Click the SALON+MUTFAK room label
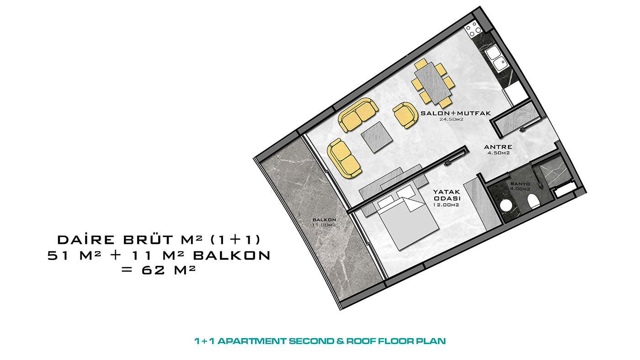455,113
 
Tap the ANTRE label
498,147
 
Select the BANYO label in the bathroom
520,184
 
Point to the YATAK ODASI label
447,195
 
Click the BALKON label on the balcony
324,220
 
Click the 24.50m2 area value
452,119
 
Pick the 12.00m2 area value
446,205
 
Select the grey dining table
433,83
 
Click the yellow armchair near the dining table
405,115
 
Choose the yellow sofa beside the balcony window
344,159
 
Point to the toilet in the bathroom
533,201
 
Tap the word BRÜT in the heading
148,239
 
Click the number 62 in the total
153,270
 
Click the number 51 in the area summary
58,255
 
